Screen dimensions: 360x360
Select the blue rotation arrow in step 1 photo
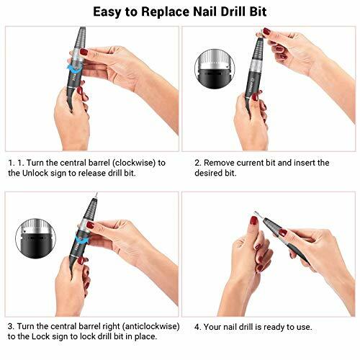(71, 67)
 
